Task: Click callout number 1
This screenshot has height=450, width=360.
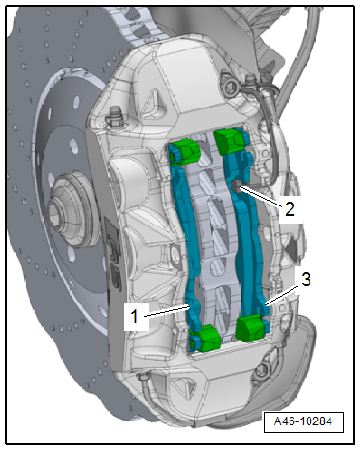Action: point(135,316)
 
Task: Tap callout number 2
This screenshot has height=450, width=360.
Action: point(290,209)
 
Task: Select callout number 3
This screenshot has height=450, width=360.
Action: point(306,280)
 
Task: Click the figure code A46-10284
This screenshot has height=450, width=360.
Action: point(303,421)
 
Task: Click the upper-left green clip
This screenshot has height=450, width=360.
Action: point(187,150)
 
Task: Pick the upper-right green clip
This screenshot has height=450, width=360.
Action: point(229,141)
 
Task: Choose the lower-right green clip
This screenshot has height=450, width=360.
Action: point(250,328)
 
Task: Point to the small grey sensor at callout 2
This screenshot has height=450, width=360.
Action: point(236,186)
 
